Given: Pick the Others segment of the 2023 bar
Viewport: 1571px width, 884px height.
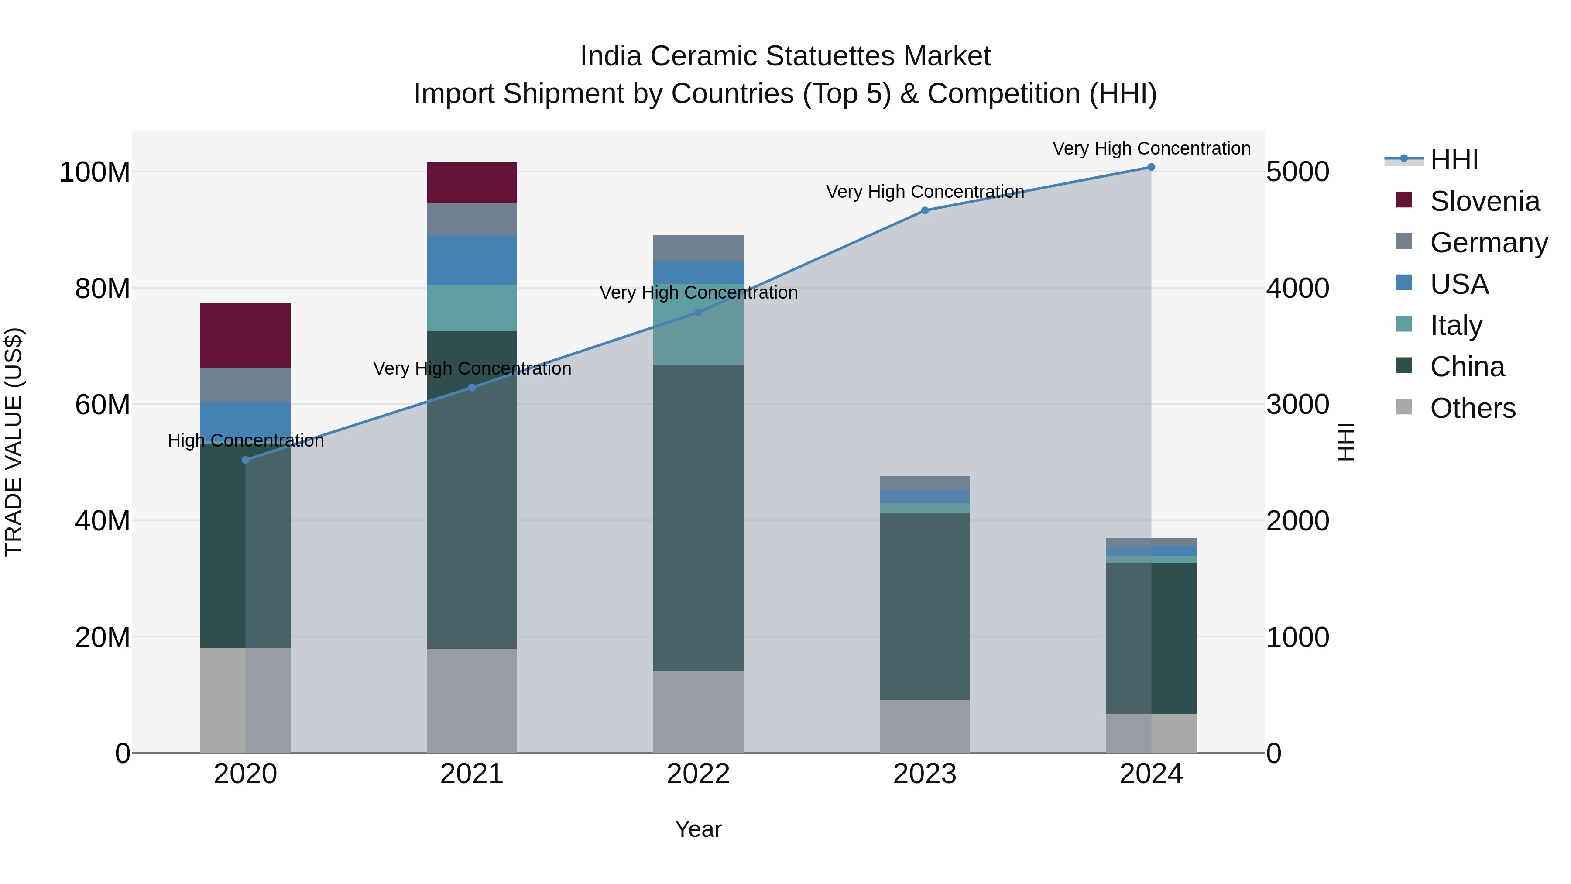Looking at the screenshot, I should [925, 726].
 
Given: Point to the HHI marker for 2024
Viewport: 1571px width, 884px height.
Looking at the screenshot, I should [1151, 167].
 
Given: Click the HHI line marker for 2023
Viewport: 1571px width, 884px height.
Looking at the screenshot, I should [925, 210].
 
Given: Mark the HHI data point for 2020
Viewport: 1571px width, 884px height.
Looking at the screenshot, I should [245, 460].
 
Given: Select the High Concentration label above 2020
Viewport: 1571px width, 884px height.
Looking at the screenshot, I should [246, 440].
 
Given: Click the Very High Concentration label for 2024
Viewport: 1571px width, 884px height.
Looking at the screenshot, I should [1151, 148].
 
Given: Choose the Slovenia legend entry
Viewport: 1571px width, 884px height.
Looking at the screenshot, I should [1485, 201].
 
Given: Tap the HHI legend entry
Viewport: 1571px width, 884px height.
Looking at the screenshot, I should [1454, 160].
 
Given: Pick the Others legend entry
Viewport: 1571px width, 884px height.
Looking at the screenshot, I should [1472, 408].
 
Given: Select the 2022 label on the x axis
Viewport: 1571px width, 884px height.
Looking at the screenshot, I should [698, 774].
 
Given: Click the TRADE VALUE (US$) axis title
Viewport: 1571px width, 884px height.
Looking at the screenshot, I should [14, 442].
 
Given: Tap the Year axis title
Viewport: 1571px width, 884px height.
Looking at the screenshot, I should [698, 829].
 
